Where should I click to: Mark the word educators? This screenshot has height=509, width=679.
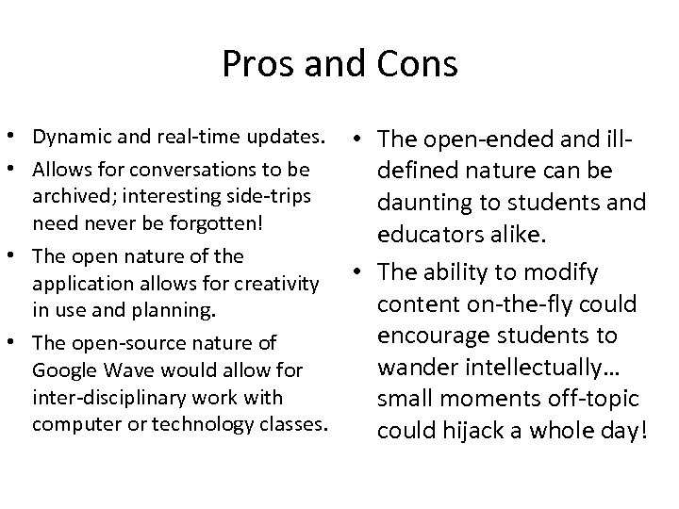432,232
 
